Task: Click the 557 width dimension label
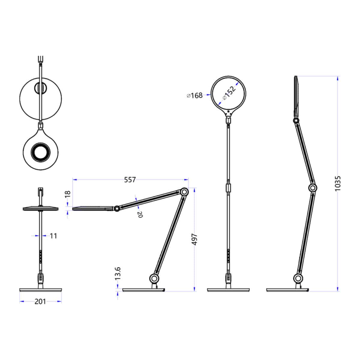click(x=130, y=180)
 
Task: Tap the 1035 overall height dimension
click(x=338, y=183)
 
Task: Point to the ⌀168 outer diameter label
click(x=194, y=95)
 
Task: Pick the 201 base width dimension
click(x=40, y=301)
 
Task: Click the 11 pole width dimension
click(x=53, y=236)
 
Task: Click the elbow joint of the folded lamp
click(x=184, y=192)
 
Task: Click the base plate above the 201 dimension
click(x=40, y=290)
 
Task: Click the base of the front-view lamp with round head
click(x=228, y=290)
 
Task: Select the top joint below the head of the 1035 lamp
click(x=296, y=121)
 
